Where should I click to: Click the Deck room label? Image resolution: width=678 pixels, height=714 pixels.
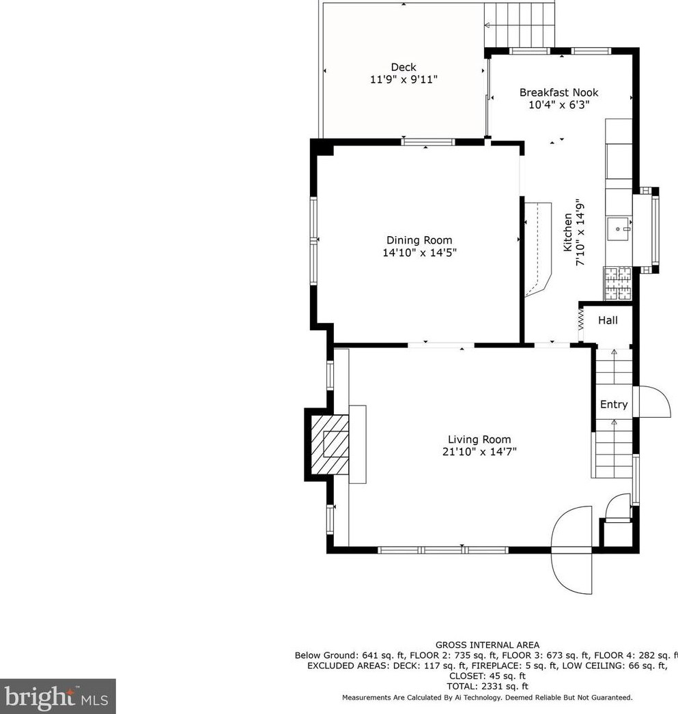[x=404, y=68]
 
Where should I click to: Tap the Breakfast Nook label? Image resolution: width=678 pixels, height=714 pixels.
[x=559, y=92]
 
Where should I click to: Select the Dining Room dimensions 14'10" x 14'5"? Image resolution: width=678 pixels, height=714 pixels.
[x=419, y=253]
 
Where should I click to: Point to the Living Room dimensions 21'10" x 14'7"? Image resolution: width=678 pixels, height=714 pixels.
[x=479, y=452]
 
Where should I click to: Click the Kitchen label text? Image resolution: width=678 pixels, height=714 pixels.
[x=567, y=232]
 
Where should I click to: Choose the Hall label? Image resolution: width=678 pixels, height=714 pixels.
[x=608, y=321]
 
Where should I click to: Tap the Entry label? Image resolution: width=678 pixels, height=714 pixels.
[x=614, y=404]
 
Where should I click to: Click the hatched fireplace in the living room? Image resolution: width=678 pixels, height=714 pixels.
[x=330, y=444]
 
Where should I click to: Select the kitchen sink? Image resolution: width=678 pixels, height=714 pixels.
[x=619, y=229]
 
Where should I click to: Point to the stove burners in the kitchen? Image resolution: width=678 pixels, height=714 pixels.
[x=618, y=284]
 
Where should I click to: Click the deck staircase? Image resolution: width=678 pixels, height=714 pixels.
[x=520, y=25]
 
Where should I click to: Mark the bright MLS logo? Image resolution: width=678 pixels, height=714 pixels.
[x=57, y=696]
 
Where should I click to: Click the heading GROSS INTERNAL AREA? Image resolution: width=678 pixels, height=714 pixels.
[x=488, y=645]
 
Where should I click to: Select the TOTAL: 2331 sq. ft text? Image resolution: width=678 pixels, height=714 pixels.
[x=488, y=686]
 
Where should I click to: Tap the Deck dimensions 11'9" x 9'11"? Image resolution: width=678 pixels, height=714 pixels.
[x=404, y=80]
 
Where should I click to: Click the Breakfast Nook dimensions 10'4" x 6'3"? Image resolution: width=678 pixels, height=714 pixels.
[x=559, y=104]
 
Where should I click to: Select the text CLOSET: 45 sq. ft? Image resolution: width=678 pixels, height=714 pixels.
[x=488, y=676]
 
